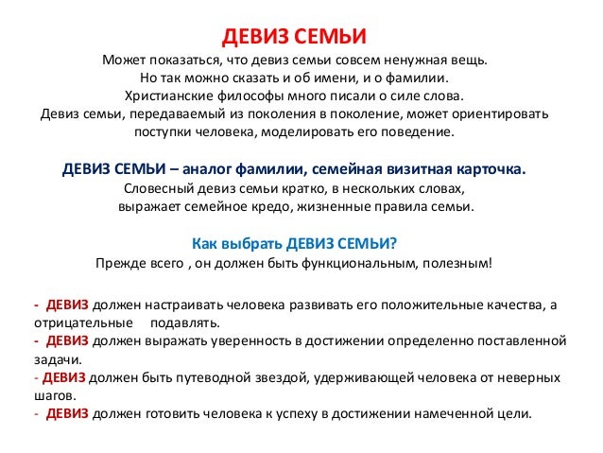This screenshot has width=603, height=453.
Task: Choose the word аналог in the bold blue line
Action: click(207, 169)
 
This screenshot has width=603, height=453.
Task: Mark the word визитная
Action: click(411, 169)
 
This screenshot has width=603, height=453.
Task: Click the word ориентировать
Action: click(503, 114)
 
